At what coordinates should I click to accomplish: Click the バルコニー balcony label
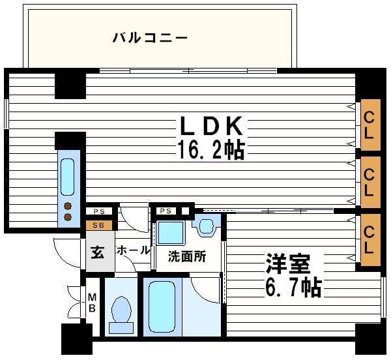click(150, 38)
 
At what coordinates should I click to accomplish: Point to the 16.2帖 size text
click(210, 150)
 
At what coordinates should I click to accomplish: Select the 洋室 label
click(287, 264)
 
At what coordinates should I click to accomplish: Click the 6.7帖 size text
click(293, 287)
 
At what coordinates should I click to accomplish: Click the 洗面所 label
click(187, 256)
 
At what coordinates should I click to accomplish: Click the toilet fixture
click(121, 310)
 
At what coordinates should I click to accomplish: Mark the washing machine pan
click(171, 233)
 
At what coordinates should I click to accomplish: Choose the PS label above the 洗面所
click(165, 211)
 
